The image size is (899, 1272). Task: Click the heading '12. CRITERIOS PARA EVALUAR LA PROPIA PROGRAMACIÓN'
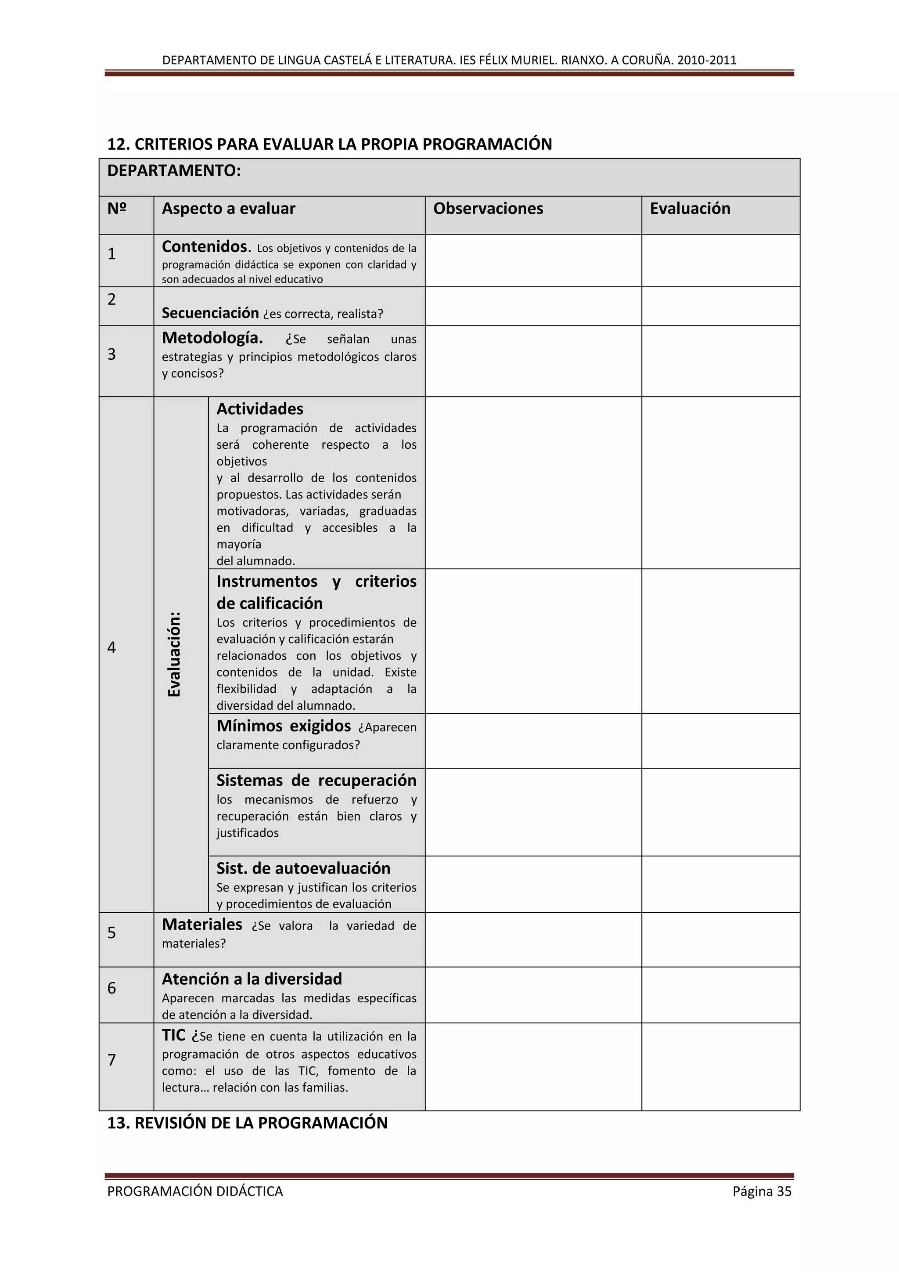pos(329,144)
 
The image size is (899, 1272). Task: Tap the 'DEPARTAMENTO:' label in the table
pos(174,170)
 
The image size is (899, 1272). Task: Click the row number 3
pos(112,354)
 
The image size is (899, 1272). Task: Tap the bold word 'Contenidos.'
pos(206,246)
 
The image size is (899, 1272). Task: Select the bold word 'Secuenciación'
pos(210,313)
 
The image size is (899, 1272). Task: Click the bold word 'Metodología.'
pos(212,337)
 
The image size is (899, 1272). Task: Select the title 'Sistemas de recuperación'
pos(316,780)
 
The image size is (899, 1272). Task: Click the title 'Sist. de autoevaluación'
pos(303,868)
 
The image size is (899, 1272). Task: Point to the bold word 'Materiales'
pos(202,924)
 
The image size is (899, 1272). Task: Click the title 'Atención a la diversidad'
pos(252,979)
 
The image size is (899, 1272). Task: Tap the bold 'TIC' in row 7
pos(173,1035)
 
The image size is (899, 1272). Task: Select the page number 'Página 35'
pos(762,1191)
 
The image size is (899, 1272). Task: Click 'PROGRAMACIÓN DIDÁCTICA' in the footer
pos(195,1191)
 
